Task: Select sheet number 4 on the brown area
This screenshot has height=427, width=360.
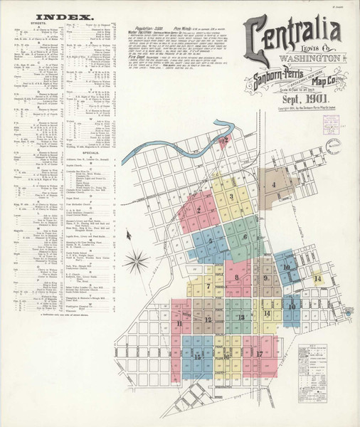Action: [x=274, y=186]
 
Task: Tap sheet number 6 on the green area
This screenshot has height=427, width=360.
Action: [x=245, y=237]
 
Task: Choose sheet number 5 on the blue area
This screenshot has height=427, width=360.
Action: [x=211, y=241]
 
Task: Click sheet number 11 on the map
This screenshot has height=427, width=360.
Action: [x=178, y=324]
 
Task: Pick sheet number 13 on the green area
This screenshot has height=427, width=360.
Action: [x=242, y=317]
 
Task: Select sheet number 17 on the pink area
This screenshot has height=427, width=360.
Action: [x=260, y=353]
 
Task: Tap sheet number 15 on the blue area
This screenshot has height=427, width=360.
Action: [x=197, y=357]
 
